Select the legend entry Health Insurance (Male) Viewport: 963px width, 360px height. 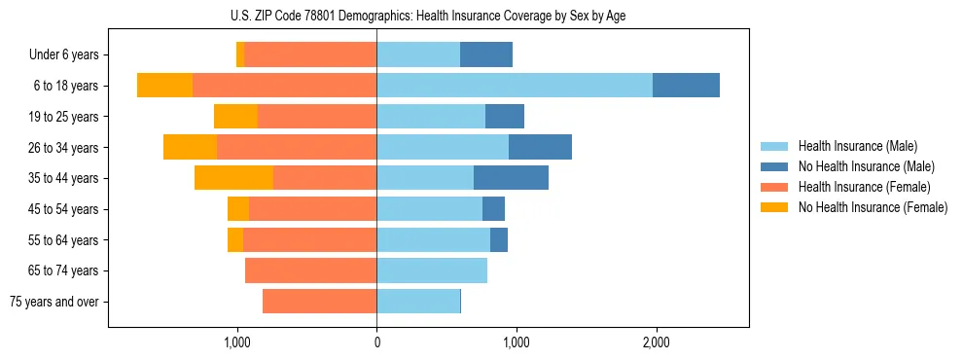[x=856, y=146]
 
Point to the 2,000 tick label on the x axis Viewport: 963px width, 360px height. [x=656, y=342]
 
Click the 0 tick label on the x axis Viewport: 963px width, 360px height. [x=376, y=342]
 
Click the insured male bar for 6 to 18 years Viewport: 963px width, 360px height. [x=515, y=86]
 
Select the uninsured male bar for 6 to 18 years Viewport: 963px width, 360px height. [x=686, y=86]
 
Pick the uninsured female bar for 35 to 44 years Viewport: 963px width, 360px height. [x=233, y=178]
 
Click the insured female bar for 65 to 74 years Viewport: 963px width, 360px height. [x=310, y=270]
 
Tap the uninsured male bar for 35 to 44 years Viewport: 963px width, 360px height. [x=511, y=178]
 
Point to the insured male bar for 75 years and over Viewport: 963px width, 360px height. [x=418, y=302]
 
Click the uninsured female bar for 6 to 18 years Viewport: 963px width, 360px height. [x=164, y=86]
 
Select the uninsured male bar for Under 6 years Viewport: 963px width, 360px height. [x=486, y=55]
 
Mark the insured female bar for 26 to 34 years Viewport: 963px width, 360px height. [x=297, y=147]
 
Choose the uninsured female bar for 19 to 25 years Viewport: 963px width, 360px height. [x=235, y=117]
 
